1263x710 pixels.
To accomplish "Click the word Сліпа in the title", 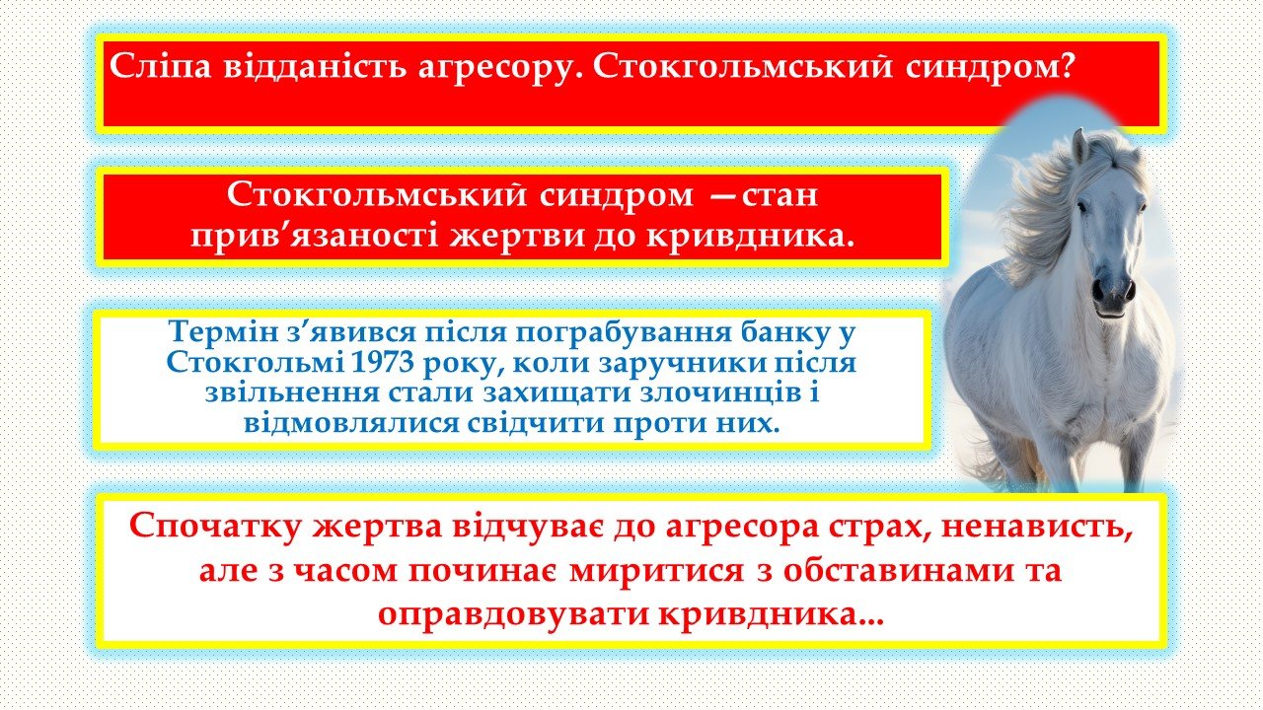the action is [160, 65].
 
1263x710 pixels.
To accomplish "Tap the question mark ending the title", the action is [1066, 65].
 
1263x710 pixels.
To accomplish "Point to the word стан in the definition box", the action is [780, 195].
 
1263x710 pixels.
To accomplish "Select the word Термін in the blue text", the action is [222, 332].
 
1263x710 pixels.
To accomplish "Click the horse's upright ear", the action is [1079, 146].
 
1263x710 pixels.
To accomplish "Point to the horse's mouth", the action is [1111, 311].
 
